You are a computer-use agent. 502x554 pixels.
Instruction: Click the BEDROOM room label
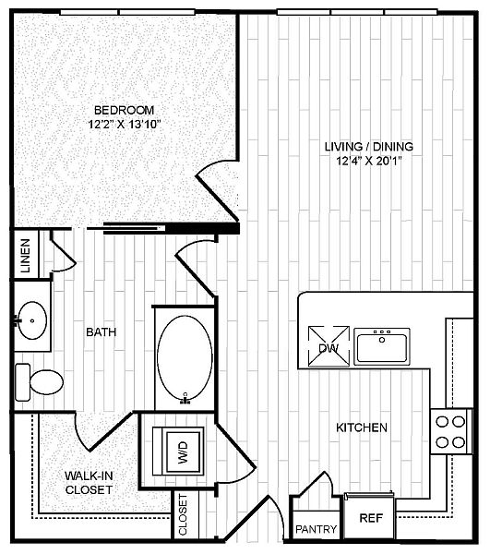pos(124,110)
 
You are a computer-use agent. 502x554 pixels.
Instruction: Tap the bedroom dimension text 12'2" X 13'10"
pos(125,125)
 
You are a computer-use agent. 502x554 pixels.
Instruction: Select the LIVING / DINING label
pos(368,146)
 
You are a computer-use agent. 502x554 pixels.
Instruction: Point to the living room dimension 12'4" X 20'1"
pos(369,161)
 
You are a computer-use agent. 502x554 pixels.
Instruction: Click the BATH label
pos(101,332)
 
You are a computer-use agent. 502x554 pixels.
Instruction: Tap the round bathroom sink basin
pos(32,320)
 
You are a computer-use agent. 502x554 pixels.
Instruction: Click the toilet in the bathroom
pos(39,382)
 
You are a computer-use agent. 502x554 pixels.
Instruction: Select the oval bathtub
pos(185,358)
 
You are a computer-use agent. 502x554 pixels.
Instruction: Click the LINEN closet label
pos(26,256)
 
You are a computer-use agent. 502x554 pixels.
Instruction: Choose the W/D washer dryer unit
pos(178,452)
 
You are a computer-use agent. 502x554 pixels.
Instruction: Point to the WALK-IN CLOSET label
pos(89,483)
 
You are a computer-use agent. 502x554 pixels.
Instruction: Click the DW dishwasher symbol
pos(329,346)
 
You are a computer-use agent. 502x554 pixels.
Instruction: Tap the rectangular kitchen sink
pos(382,346)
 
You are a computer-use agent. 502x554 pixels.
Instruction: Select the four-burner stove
pos(451,431)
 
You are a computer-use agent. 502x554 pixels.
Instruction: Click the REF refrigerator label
pos(371,518)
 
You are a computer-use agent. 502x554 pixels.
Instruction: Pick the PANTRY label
pos(317,529)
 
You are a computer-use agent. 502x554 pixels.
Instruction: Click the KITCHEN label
pos(362,428)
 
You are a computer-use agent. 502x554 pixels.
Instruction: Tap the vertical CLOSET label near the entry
pos(183,514)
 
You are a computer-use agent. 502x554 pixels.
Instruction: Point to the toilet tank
pos(22,382)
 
